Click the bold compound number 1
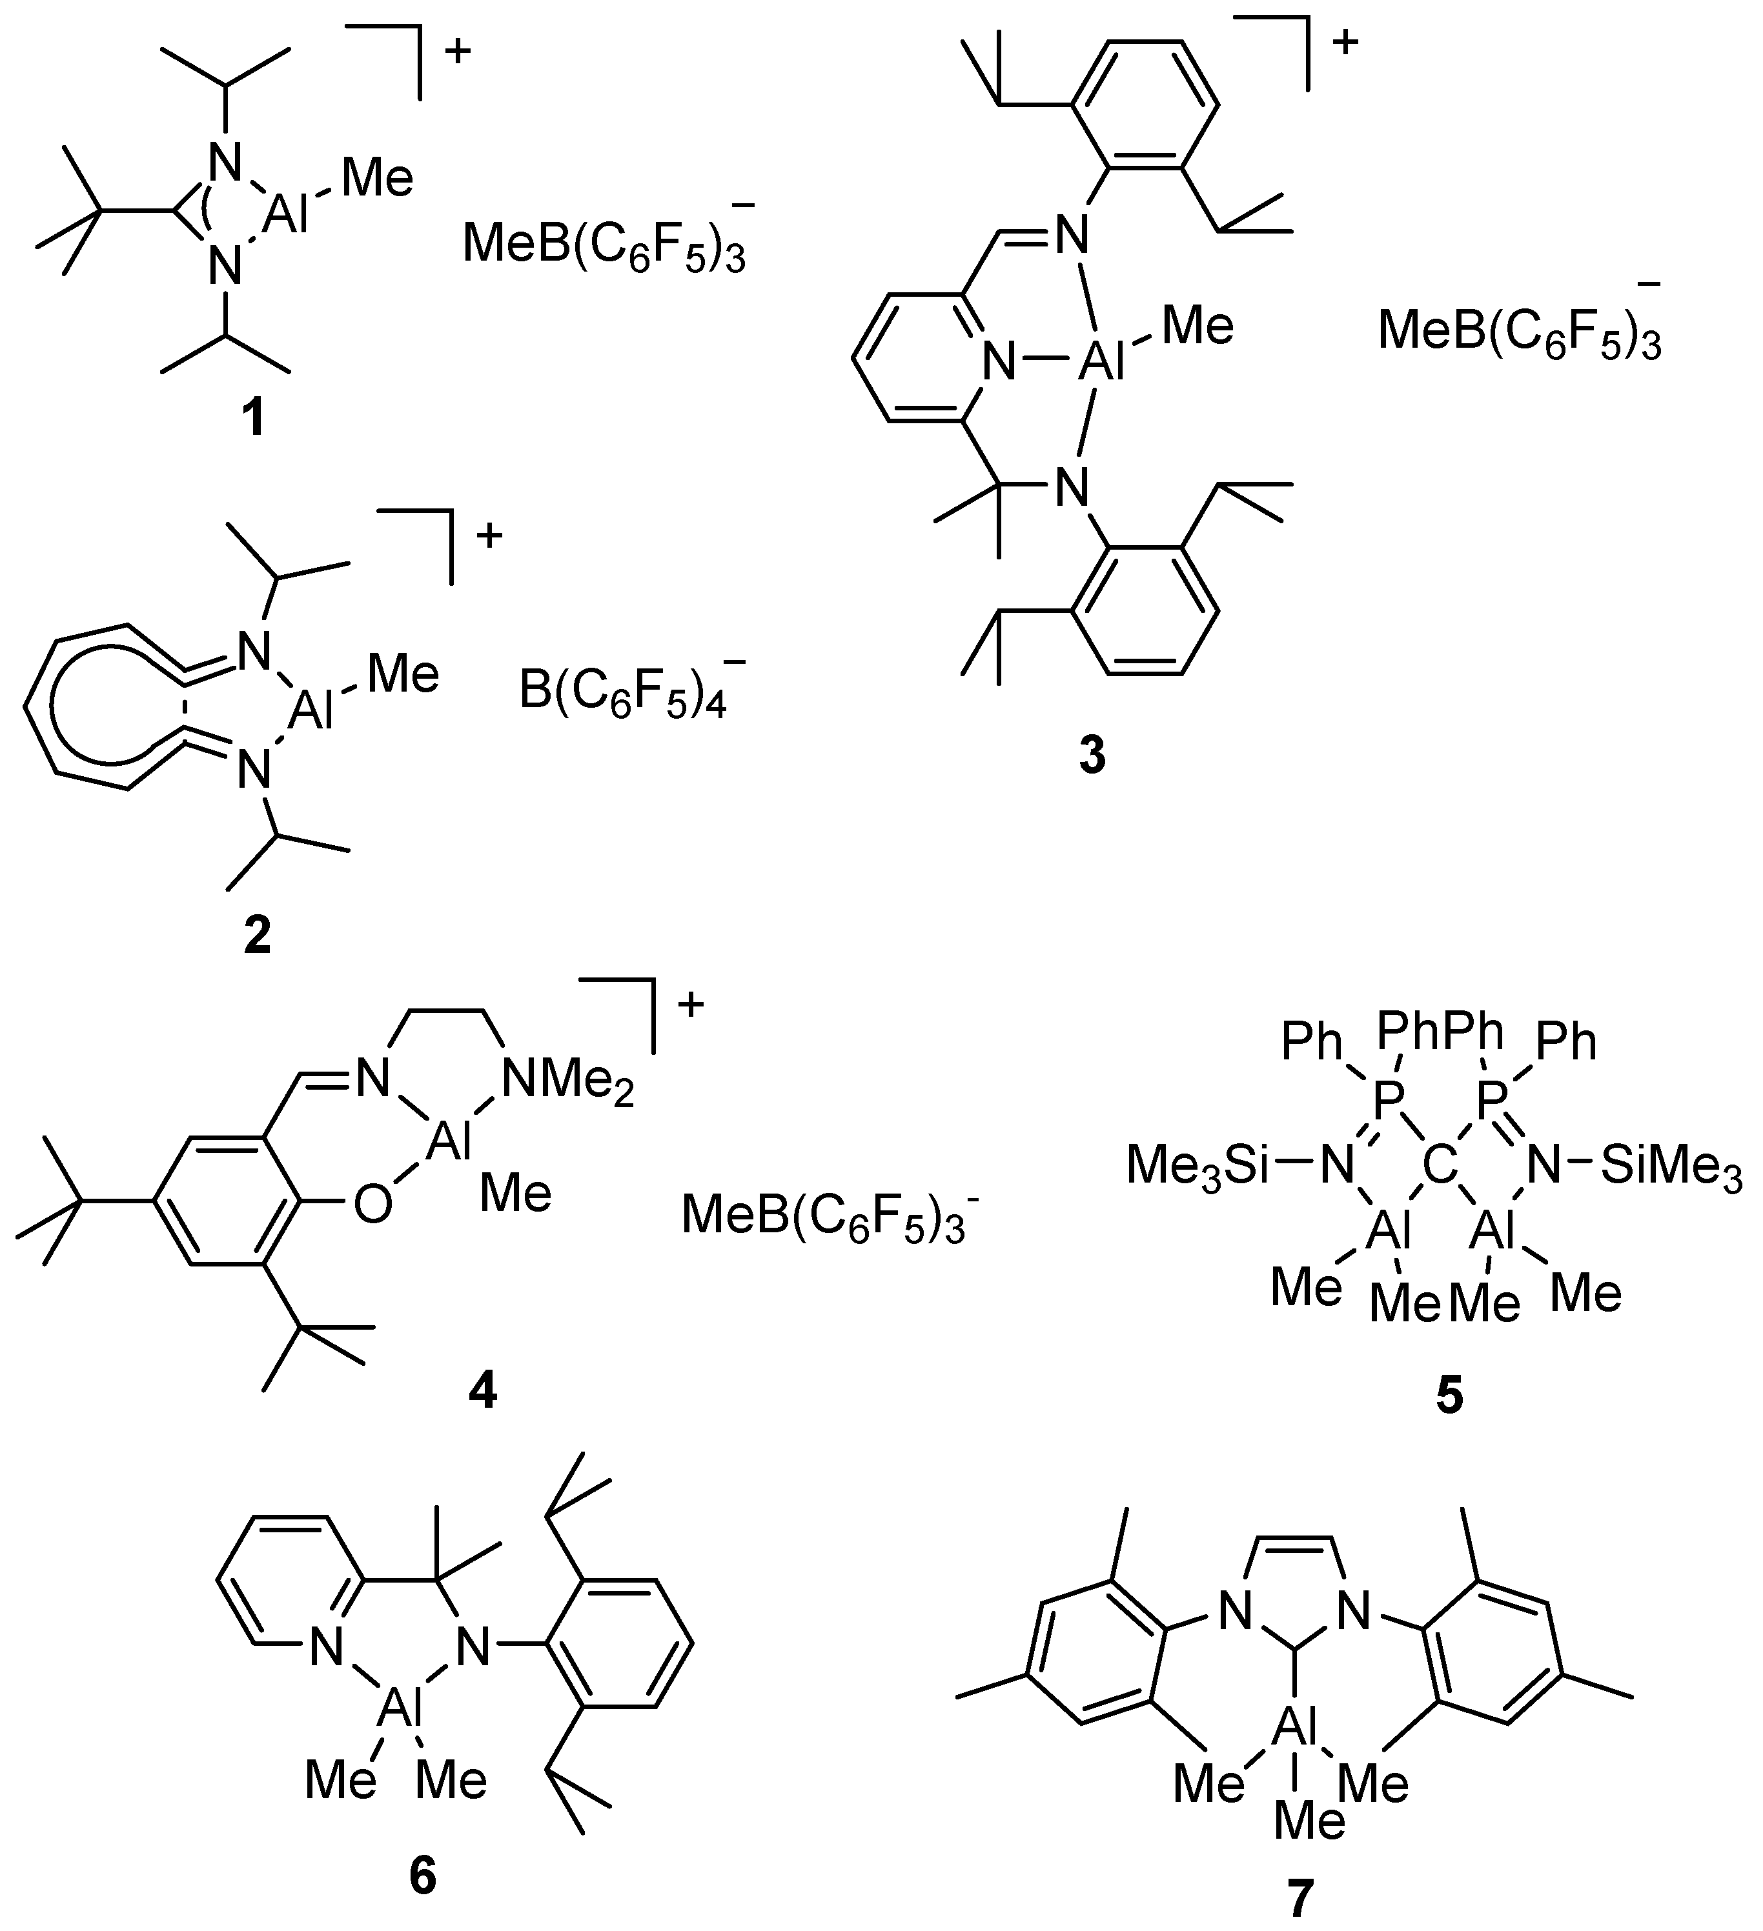(254, 419)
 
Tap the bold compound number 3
(1092, 757)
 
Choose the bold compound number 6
(423, 1874)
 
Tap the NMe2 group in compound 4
(568, 1083)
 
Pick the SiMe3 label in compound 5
(1671, 1166)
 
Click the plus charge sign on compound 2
(489, 534)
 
